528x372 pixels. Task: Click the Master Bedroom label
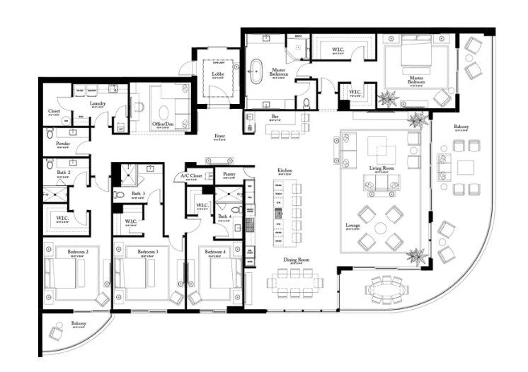point(415,79)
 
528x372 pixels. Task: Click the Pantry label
point(229,173)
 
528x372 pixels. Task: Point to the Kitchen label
point(285,170)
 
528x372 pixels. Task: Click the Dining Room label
point(298,260)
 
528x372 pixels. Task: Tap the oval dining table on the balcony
point(386,289)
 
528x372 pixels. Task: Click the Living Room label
point(381,168)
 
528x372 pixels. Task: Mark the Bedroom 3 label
point(147,251)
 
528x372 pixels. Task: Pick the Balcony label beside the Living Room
point(461,127)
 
